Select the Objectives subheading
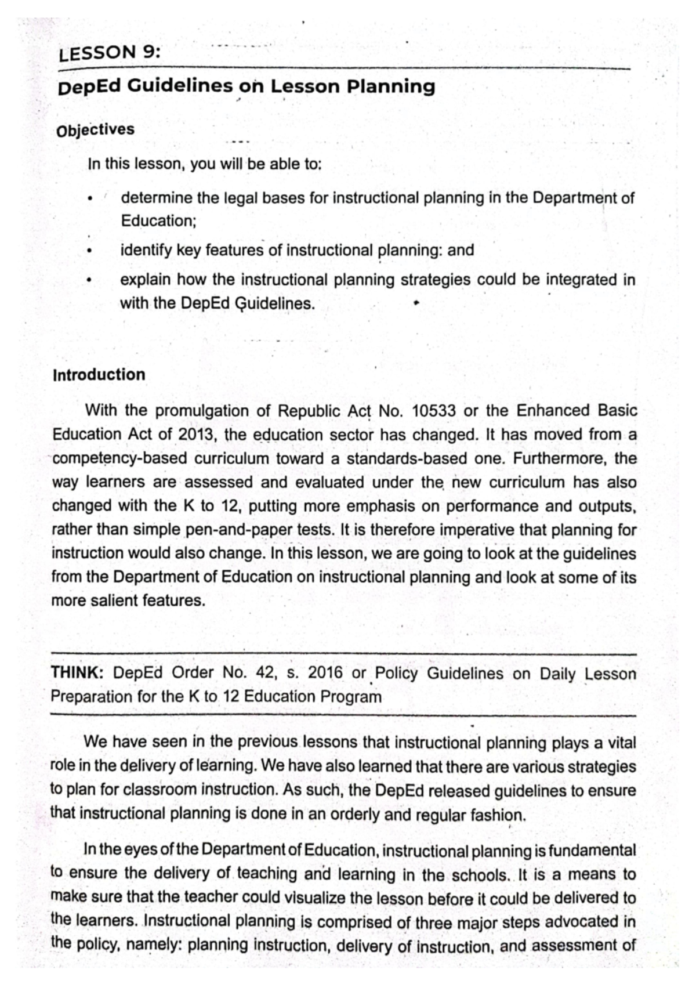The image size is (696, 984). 95,129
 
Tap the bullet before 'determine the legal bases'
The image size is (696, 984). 90,200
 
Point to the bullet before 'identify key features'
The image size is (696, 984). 90,252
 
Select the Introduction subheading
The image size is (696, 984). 99,375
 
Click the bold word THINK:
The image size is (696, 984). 77,674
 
